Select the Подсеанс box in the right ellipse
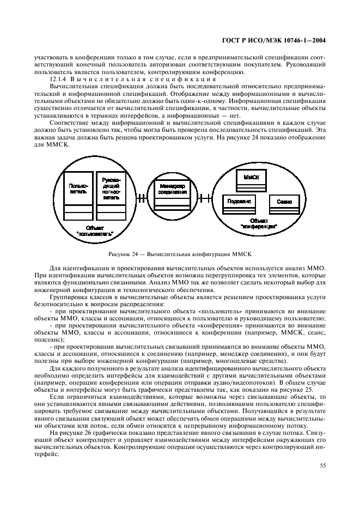[235, 203]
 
